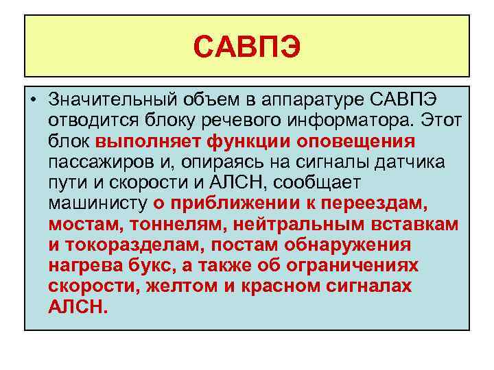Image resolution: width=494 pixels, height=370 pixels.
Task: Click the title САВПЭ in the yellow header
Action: (246, 47)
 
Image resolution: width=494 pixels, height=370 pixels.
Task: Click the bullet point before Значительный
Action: (34, 100)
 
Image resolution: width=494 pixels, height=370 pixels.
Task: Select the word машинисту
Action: (98, 203)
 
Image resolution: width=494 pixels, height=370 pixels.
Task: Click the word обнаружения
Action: (352, 245)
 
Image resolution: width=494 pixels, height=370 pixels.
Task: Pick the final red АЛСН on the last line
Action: (78, 306)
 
